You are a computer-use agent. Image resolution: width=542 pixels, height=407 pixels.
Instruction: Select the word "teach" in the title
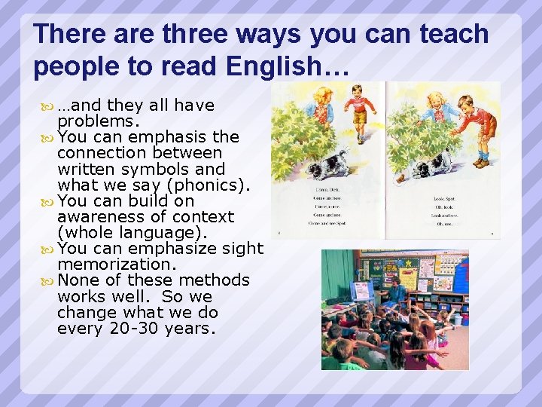(x=450, y=34)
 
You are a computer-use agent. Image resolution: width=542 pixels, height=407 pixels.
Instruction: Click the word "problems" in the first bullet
(x=97, y=121)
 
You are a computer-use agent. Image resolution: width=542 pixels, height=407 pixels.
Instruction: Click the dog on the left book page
(x=327, y=164)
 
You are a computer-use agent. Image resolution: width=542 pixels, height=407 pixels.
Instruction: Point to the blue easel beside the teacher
(x=363, y=290)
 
